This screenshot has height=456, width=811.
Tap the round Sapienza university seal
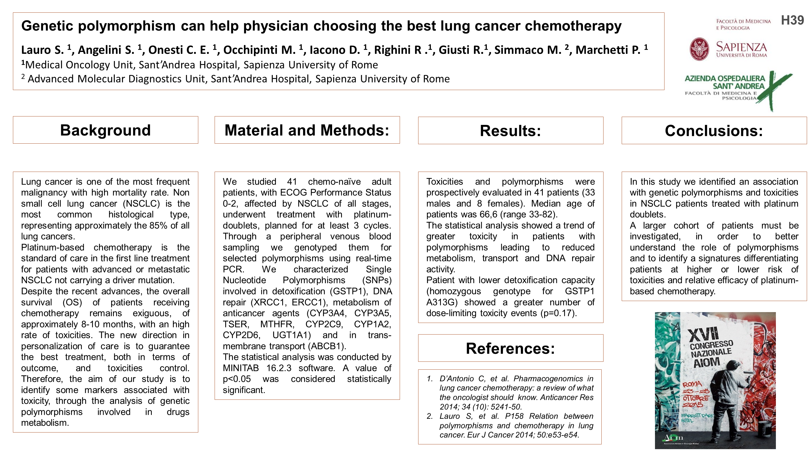[699, 49]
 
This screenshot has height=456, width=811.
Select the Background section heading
[106, 130]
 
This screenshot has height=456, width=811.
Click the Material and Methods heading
[307, 130]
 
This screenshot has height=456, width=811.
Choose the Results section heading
[510, 131]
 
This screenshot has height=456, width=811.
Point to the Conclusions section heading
[714, 131]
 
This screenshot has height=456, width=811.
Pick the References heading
[510, 348]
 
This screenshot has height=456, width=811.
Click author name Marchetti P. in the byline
[608, 50]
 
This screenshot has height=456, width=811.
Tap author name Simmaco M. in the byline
[528, 50]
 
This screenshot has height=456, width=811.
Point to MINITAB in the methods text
[241, 368]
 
